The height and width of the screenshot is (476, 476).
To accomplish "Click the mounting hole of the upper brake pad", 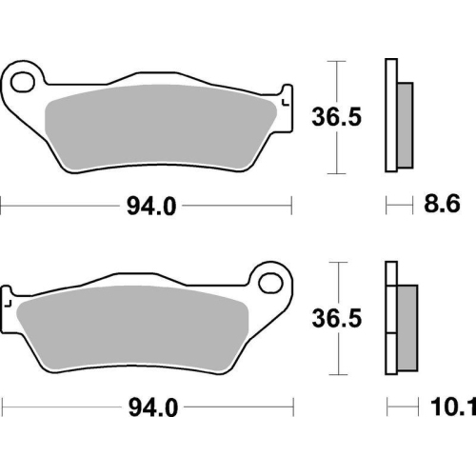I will tap(24, 79).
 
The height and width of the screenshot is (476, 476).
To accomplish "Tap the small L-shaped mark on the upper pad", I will tap(285, 100).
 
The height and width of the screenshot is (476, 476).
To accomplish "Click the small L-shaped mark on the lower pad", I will tap(8, 305).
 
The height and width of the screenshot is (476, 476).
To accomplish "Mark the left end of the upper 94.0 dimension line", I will tap(2, 205).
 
